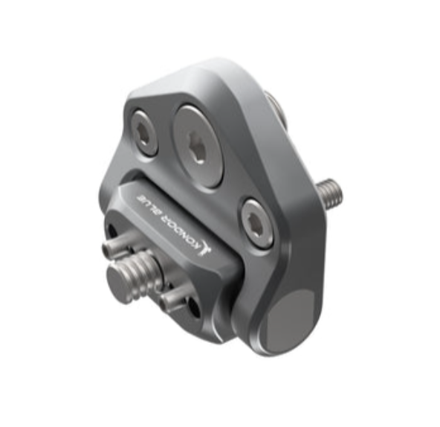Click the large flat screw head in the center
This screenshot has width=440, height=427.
(199, 146)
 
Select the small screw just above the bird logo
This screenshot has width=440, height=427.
(256, 224)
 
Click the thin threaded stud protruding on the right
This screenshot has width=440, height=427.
(331, 193)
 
